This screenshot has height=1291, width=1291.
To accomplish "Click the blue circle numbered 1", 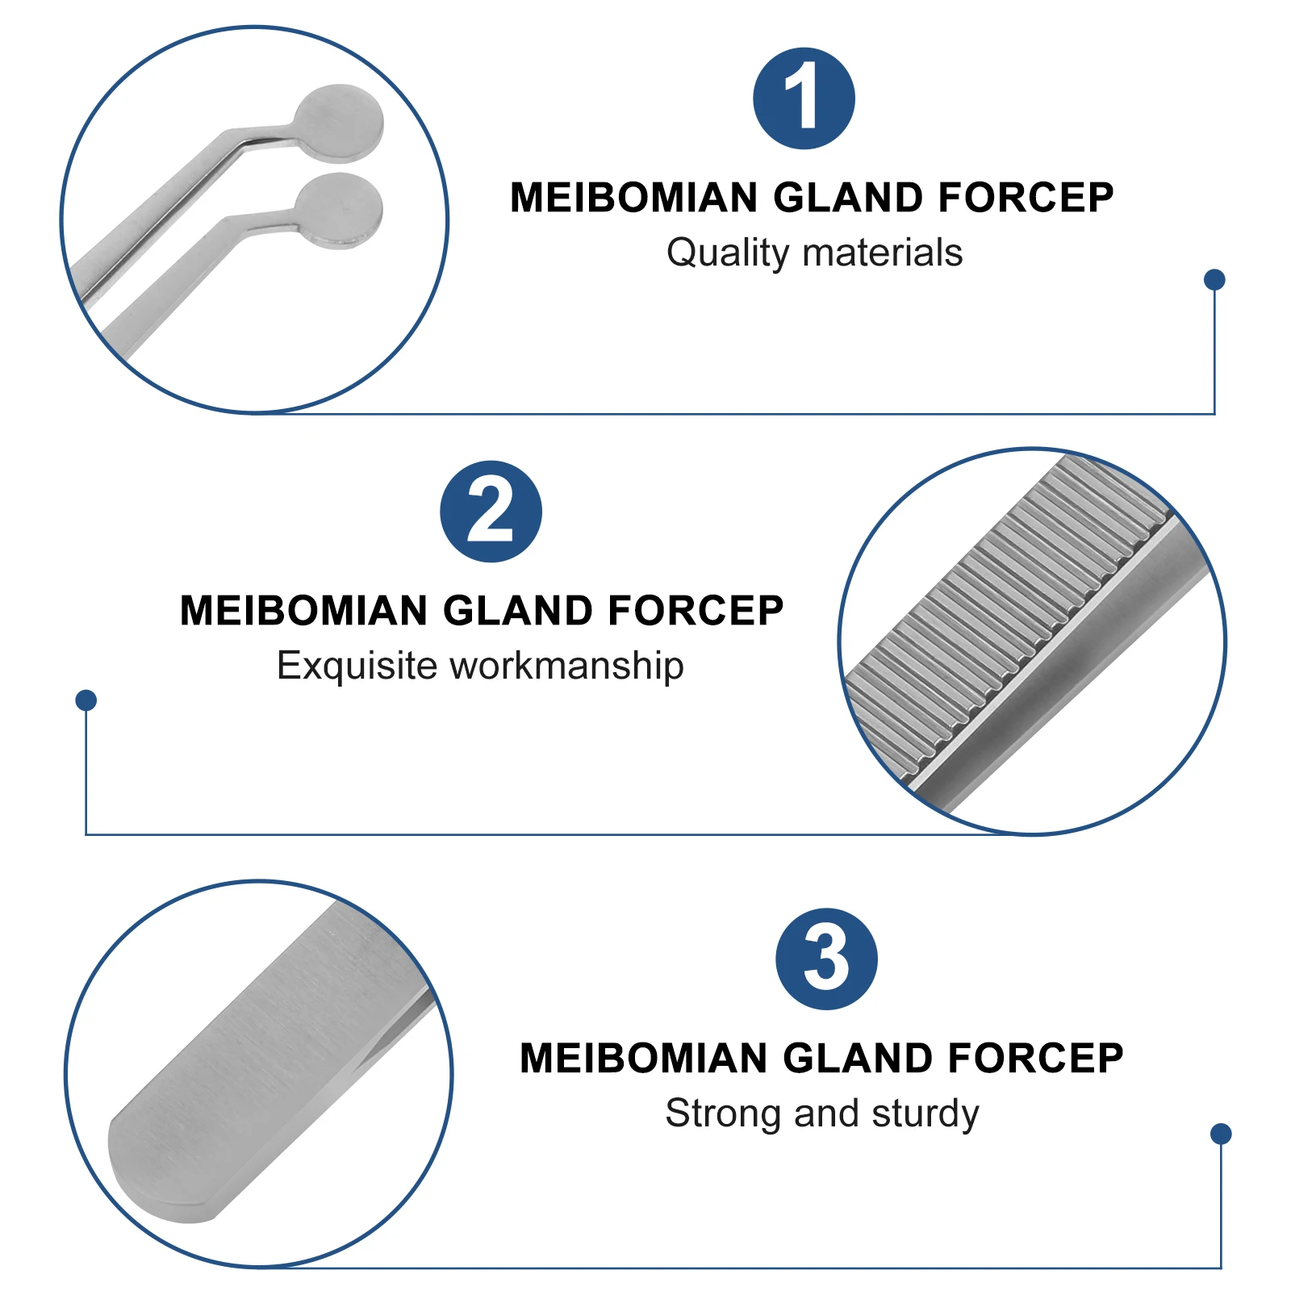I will pyautogui.click(x=804, y=98).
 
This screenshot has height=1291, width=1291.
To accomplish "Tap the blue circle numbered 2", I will pyautogui.click(x=491, y=512).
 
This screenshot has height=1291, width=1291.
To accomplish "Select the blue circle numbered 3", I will pyautogui.click(x=826, y=959).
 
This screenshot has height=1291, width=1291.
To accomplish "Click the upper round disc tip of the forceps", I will pyautogui.click(x=338, y=123).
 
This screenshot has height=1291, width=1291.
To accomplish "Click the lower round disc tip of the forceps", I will pyautogui.click(x=339, y=210).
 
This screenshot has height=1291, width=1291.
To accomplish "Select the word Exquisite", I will pyautogui.click(x=357, y=666).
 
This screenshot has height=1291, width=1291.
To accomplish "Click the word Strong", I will pyautogui.click(x=724, y=1113).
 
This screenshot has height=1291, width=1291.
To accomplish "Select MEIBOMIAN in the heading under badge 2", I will pyautogui.click(x=304, y=611).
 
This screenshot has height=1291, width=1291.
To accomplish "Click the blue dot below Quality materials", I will pyautogui.click(x=1214, y=279).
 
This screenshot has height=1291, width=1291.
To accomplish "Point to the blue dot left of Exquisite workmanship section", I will pyautogui.click(x=86, y=700).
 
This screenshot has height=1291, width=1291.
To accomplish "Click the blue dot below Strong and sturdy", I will pyautogui.click(x=1221, y=1134).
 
